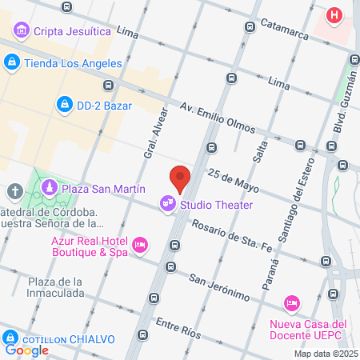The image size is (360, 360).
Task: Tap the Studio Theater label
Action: tap(216, 205)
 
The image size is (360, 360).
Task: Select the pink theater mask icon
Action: tap(167, 205)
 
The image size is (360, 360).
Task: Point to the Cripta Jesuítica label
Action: tap(71, 32)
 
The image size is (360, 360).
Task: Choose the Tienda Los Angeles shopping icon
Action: tap(12, 62)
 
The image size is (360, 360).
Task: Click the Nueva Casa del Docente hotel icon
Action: tap(292, 304)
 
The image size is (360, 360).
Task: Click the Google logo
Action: tap(26, 349)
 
